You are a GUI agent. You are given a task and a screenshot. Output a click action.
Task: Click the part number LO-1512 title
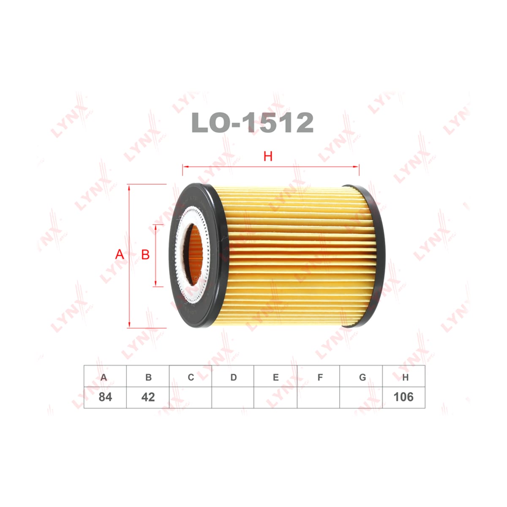(252, 123)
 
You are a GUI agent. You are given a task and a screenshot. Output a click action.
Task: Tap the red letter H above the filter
(268, 157)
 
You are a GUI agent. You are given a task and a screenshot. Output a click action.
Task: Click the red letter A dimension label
(120, 254)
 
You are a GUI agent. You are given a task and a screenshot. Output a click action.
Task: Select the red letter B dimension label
(145, 254)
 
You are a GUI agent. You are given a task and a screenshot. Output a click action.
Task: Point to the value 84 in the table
(105, 397)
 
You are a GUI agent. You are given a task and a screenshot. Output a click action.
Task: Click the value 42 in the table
(148, 397)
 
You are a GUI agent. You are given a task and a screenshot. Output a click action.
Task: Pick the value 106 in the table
(403, 397)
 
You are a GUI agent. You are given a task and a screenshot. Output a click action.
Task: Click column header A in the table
(104, 378)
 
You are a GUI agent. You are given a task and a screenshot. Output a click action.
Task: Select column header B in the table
(148, 378)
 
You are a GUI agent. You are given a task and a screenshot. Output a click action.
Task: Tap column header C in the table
(191, 377)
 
